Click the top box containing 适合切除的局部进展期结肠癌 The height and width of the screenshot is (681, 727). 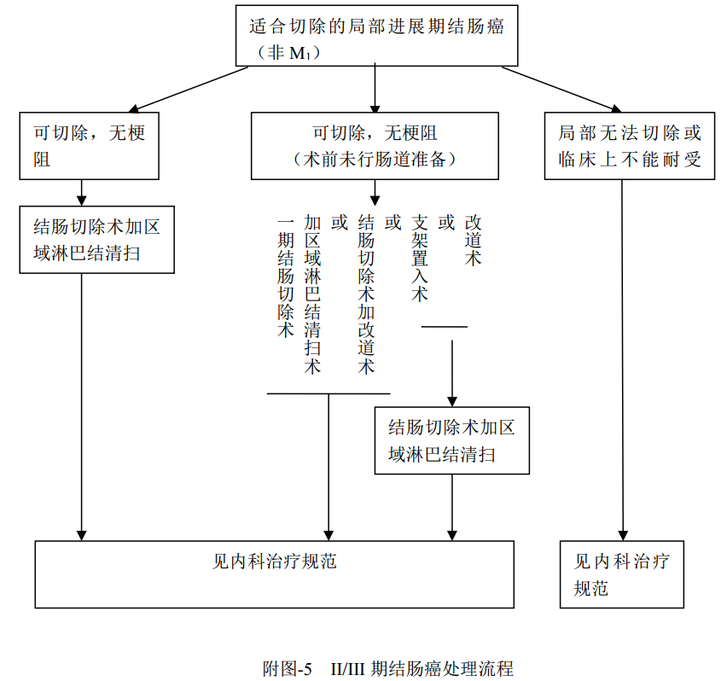pos(375,35)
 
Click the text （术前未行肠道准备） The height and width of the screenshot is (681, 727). pos(375,159)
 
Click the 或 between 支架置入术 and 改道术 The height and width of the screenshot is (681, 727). pos(445,223)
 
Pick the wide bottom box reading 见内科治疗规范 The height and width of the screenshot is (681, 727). pos(274,573)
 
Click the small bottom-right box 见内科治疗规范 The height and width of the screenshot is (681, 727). pos(621,573)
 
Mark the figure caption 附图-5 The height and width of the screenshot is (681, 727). pos(288,667)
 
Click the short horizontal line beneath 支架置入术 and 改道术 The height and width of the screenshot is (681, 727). pos(445,326)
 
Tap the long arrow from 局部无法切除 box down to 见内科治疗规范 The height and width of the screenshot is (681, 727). pos(622,358)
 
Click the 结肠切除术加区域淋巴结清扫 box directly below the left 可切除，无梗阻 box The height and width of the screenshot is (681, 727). pos(97,239)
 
